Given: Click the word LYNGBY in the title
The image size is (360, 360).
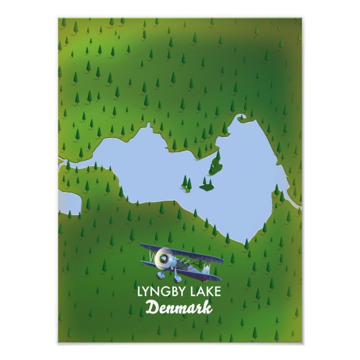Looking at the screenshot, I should click(158, 292).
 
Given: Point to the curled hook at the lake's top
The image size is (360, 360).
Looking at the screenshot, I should click(241, 119).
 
